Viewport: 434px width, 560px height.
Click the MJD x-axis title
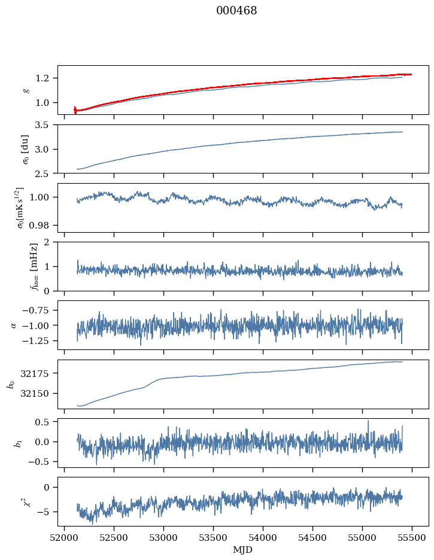tap(242, 550)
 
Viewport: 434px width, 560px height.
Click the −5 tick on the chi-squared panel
tap(45, 512)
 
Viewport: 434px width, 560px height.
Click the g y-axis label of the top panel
tap(25, 90)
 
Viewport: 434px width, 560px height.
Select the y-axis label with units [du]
tap(25, 148)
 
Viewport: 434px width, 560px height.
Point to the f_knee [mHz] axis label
tap(34, 266)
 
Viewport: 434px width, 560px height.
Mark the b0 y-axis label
tap(11, 384)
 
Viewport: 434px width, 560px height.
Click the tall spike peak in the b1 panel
tap(368, 421)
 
